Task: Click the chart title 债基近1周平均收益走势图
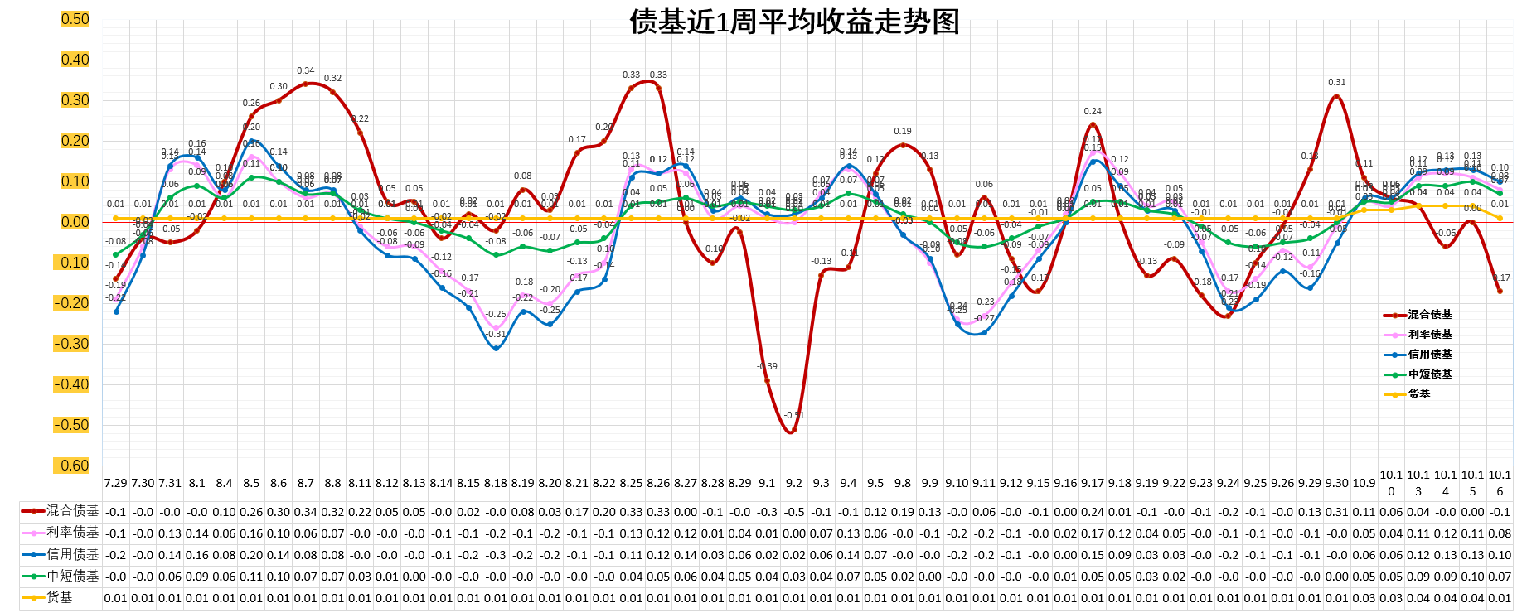(x=794, y=22)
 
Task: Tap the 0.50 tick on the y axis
(x=75, y=19)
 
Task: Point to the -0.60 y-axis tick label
(x=71, y=466)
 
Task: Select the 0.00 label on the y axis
(x=75, y=222)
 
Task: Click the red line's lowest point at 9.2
(x=793, y=431)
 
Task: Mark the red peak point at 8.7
(x=306, y=84)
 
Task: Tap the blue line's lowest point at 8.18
(x=496, y=349)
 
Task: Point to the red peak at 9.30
(x=1336, y=96)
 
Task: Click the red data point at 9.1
(x=767, y=381)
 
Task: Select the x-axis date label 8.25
(x=631, y=483)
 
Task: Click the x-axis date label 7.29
(x=116, y=483)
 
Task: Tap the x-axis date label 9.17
(x=1093, y=483)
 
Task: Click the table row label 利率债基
(x=72, y=532)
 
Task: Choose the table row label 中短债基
(x=72, y=576)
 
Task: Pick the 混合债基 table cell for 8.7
(x=306, y=512)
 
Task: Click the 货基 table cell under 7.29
(x=116, y=598)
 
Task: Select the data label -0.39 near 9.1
(x=768, y=366)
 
